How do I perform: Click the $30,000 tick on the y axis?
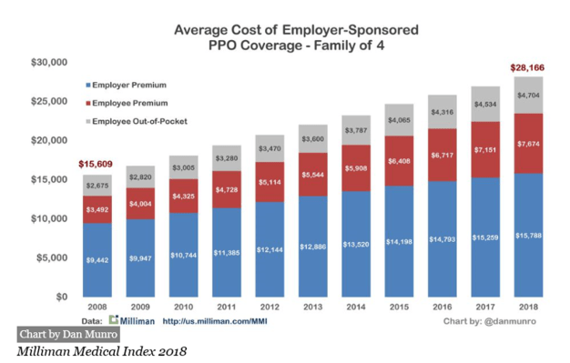tap(49, 63)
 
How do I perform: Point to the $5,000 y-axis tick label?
tap(52, 258)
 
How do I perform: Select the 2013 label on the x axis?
tap(313, 308)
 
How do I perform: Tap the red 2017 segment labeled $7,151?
tap(483, 149)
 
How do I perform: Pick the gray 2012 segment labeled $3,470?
tap(270, 149)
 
